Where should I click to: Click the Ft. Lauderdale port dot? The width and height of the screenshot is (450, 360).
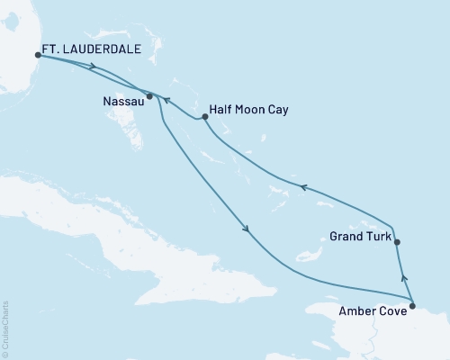pyautogui.click(x=38, y=56)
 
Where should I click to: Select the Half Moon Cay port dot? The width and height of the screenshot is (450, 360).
pyautogui.click(x=204, y=116)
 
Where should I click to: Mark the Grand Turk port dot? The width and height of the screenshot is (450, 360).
pyautogui.click(x=397, y=241)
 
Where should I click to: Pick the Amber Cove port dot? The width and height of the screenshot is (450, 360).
pyautogui.click(x=412, y=307)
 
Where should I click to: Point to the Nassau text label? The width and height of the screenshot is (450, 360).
pyautogui.click(x=121, y=103)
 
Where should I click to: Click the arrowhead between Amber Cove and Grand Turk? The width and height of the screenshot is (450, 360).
pyautogui.click(x=404, y=279)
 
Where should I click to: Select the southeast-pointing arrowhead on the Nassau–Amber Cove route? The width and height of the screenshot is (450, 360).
pyautogui.click(x=246, y=229)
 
